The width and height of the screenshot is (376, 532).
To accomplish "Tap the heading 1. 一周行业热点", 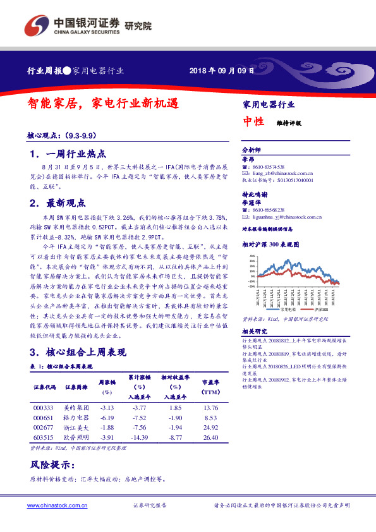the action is click(x=68, y=154).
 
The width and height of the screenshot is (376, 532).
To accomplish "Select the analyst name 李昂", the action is click(x=248, y=159).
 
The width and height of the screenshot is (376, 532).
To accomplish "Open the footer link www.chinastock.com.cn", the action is click(x=58, y=505).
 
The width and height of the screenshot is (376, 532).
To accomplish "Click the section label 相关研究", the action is click(x=255, y=331).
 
